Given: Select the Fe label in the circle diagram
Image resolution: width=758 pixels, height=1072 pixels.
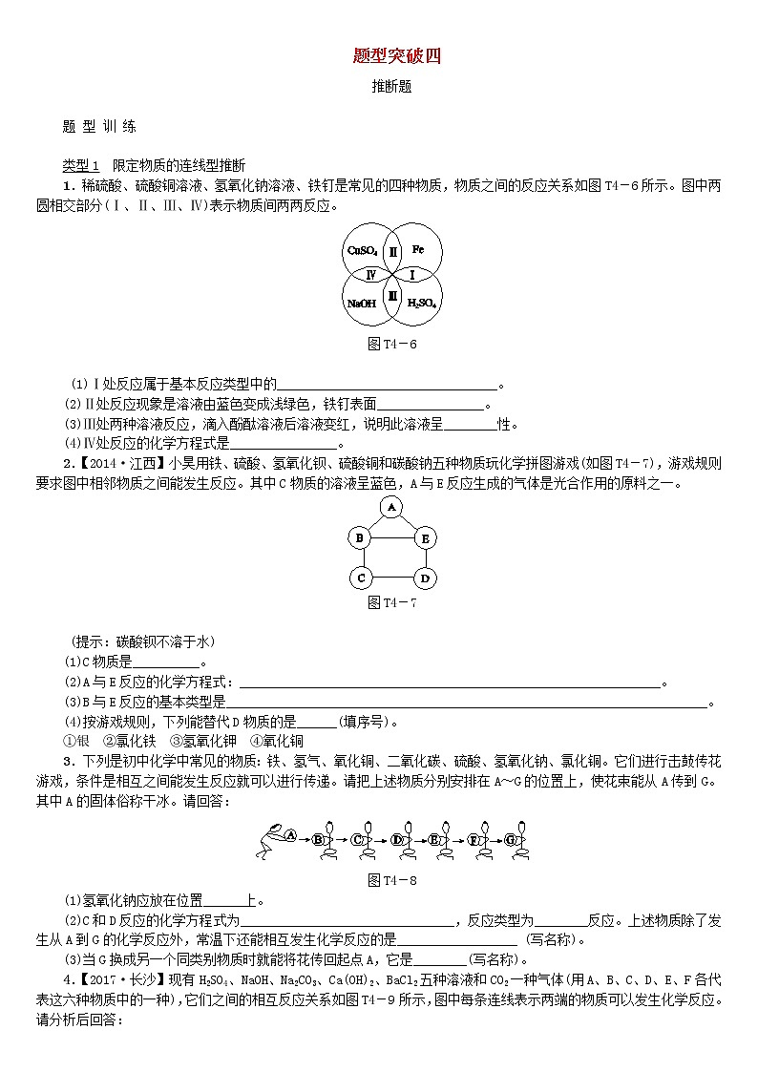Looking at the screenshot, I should tap(418, 250).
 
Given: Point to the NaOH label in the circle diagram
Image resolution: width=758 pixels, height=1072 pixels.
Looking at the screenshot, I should tap(361, 303).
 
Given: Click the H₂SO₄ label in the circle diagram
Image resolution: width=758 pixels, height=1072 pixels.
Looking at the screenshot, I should tap(421, 303).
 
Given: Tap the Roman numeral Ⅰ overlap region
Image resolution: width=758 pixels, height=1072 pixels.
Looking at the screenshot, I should tap(411, 275).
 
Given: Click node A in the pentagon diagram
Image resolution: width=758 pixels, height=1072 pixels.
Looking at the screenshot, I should tap(390, 508).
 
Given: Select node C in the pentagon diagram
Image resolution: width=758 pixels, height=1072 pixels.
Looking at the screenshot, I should tap(360, 578).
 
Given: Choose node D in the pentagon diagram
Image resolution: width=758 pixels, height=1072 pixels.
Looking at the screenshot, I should tap(425, 578).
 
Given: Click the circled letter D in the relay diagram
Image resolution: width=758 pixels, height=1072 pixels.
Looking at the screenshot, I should tap(396, 839).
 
